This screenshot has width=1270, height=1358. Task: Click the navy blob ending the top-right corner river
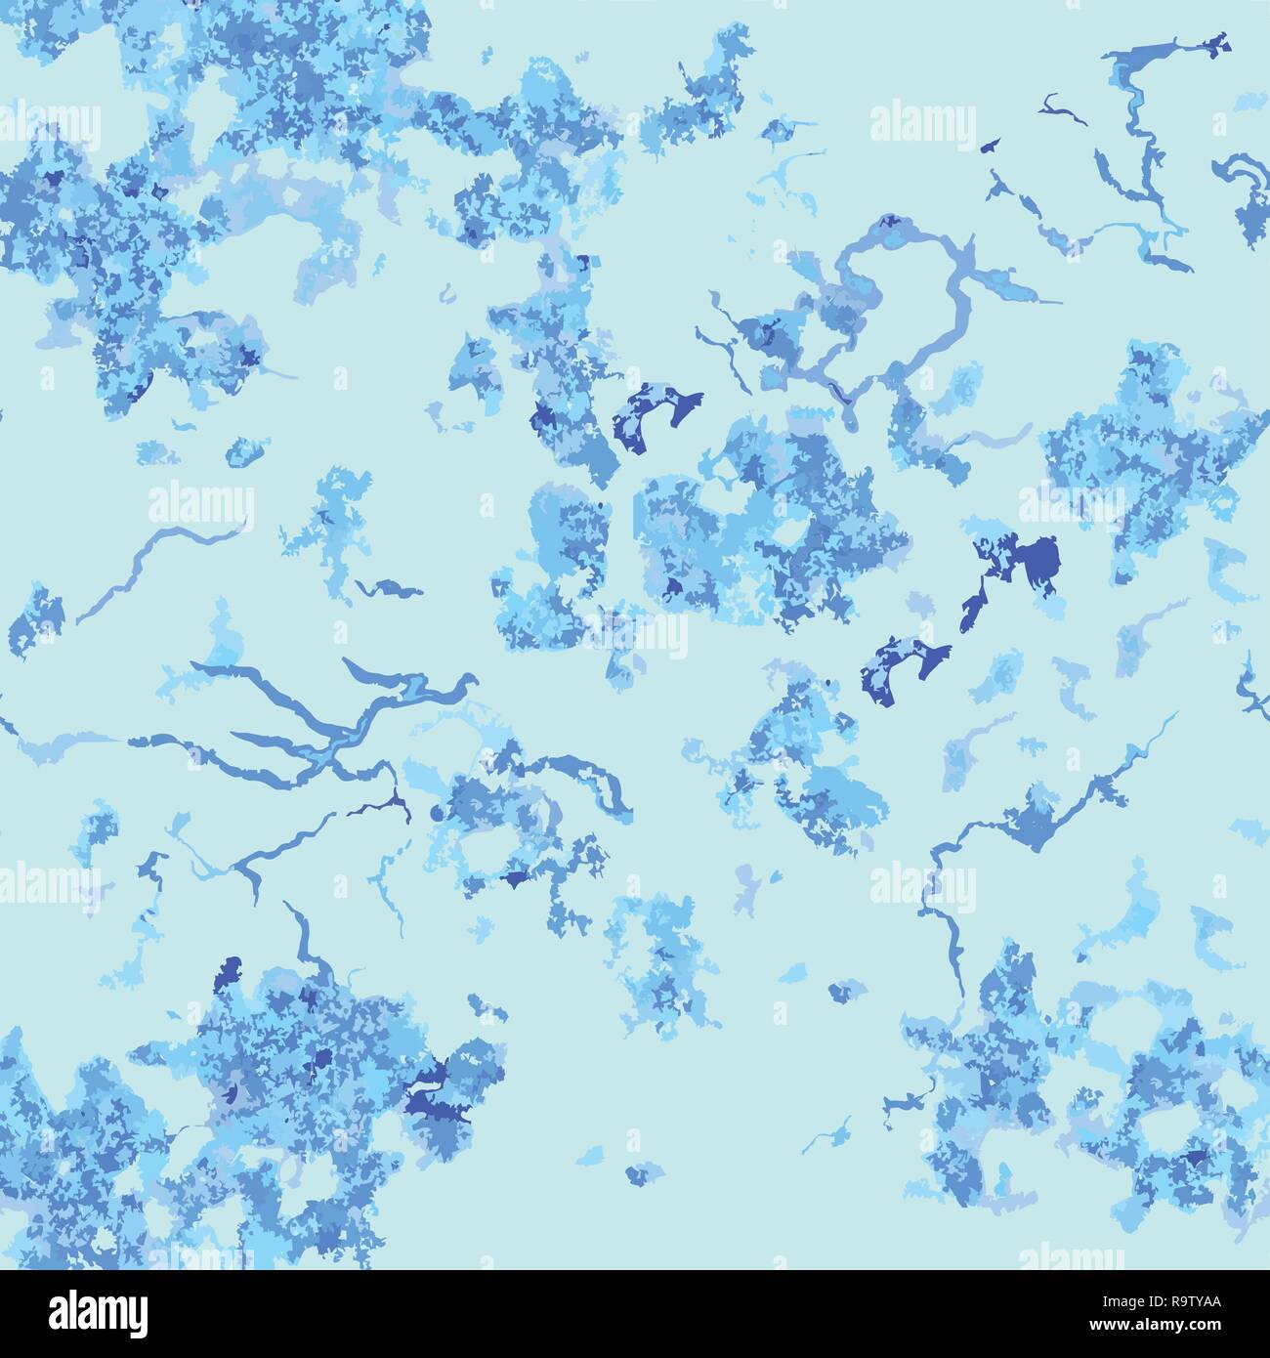coord(1215,43)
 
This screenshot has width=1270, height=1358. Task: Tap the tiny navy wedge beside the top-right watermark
coord(990,145)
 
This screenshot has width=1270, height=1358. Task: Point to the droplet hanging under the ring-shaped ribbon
coord(847,418)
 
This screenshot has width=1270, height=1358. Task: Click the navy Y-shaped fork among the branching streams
coord(395,804)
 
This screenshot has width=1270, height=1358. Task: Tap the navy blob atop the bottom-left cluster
coord(232,973)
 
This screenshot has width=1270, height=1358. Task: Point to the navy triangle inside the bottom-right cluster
coord(1194,1158)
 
